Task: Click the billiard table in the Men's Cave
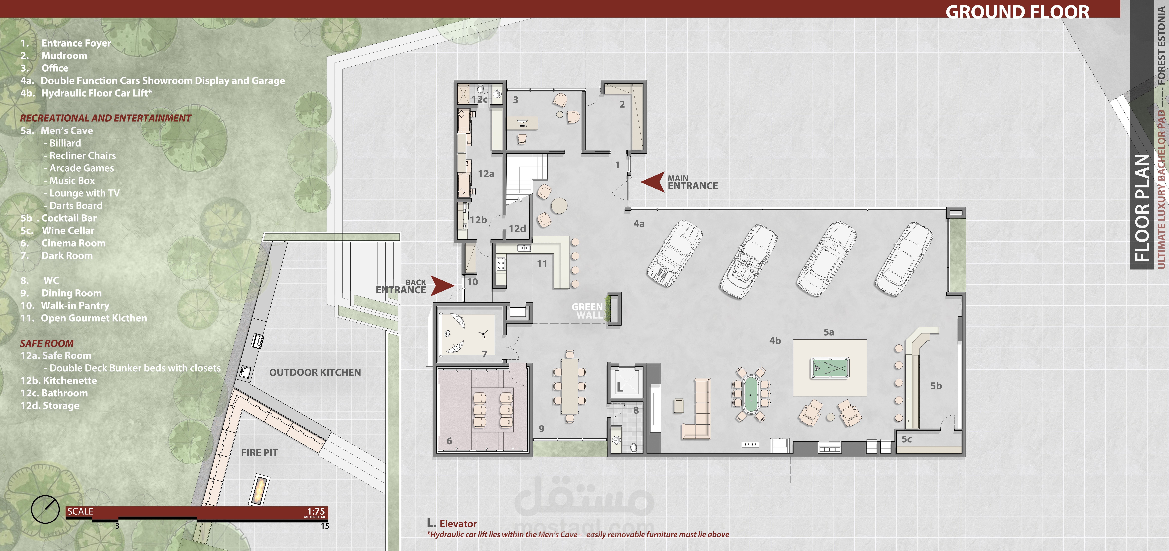pyautogui.click(x=830, y=368)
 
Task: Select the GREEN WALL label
pyautogui.click(x=587, y=311)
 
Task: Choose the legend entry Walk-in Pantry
pyautogui.click(x=75, y=305)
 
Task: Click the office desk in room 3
pyautogui.click(x=522, y=123)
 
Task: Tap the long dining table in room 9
pyautogui.click(x=570, y=386)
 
